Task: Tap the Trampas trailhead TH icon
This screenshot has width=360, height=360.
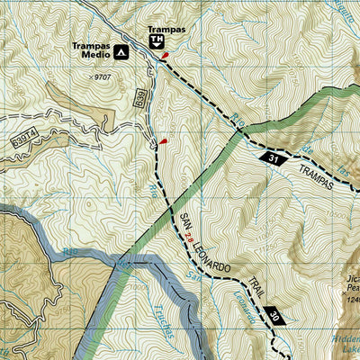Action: coord(156,41)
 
